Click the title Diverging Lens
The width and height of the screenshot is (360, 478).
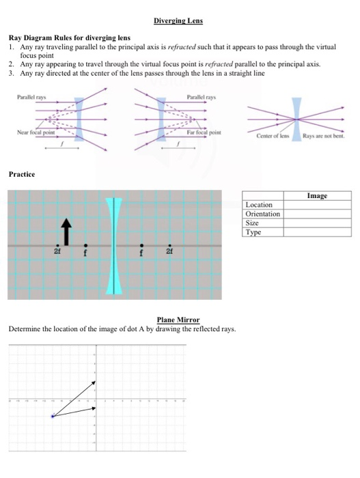pyautogui.click(x=178, y=21)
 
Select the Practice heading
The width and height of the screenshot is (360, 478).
pyautogui.click(x=23, y=175)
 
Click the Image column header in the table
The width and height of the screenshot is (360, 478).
pyautogui.click(x=316, y=196)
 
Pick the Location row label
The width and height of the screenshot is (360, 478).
pyautogui.click(x=259, y=205)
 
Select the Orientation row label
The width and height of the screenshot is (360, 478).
pyautogui.click(x=262, y=214)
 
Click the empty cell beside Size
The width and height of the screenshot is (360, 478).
pyautogui.click(x=316, y=223)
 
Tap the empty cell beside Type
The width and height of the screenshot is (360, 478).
pyautogui.click(x=316, y=232)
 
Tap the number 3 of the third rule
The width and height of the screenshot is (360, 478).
pyautogui.click(x=13, y=72)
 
